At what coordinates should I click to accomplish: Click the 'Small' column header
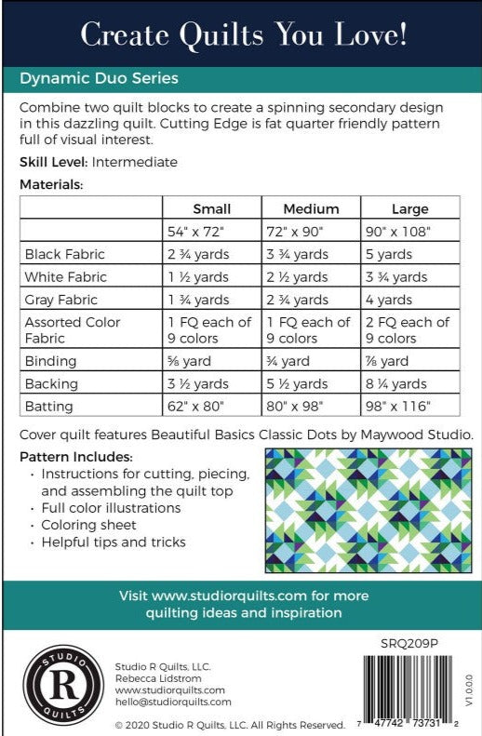pos(211,208)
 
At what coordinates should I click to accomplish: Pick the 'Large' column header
pos(409,208)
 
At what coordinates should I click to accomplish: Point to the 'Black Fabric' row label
pos(65,254)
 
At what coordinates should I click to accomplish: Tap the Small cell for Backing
pos(198,383)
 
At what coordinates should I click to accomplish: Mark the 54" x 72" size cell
pos(197,231)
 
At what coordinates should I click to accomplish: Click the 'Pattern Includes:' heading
pos(75,458)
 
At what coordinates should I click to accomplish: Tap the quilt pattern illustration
pos(368,510)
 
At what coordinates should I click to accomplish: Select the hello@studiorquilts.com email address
pos(172,703)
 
